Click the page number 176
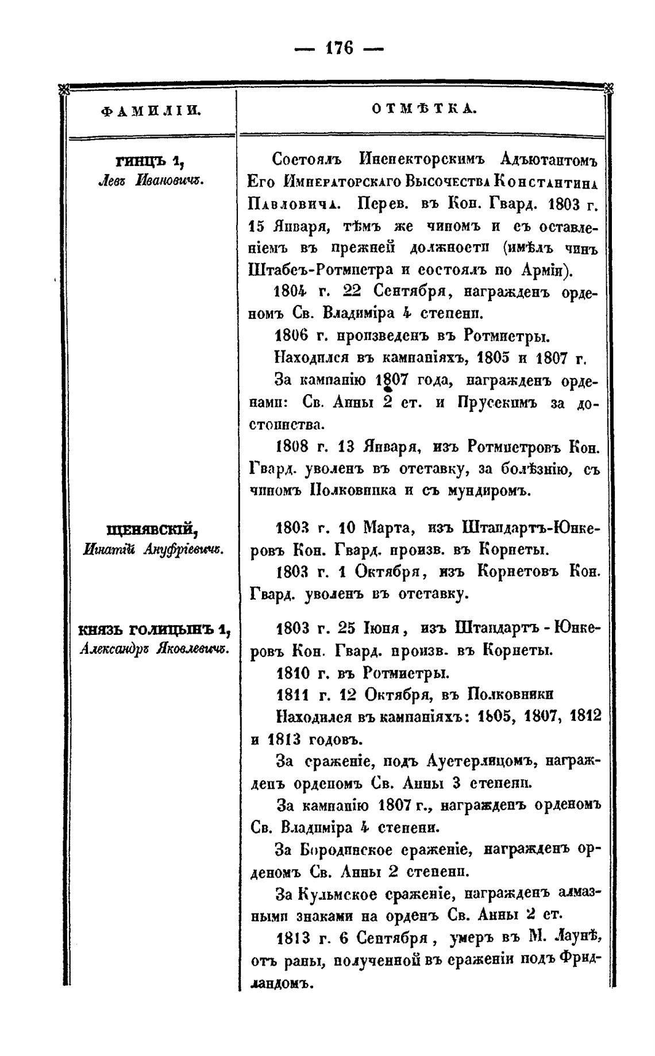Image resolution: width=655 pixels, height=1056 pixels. tap(338, 48)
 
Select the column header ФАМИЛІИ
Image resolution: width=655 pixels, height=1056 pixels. tap(151, 110)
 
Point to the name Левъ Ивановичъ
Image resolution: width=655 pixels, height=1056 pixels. tap(151, 181)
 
